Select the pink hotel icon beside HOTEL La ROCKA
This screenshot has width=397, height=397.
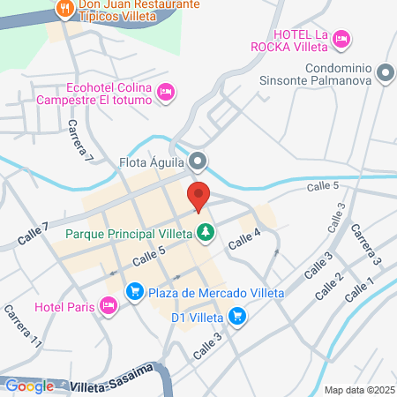[x=342, y=39]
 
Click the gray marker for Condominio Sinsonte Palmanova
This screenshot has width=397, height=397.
[x=385, y=73]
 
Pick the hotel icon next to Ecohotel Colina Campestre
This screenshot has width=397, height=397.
[x=165, y=92]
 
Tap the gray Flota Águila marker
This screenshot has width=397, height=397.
[x=199, y=161]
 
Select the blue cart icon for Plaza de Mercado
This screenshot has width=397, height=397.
[x=134, y=290]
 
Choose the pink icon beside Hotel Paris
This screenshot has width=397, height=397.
[x=109, y=306]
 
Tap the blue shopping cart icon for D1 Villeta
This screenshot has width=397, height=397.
[x=236, y=315]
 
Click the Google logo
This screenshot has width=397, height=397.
[x=30, y=385]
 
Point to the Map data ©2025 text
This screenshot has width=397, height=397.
[x=358, y=390]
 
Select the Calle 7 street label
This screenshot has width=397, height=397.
[x=34, y=234]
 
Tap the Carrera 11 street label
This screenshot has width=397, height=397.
[x=22, y=326]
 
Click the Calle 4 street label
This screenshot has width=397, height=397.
[x=245, y=238]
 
